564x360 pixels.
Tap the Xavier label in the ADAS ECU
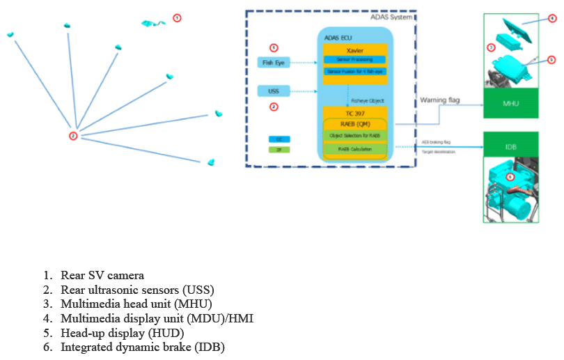click(x=354, y=51)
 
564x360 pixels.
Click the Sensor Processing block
click(x=354, y=59)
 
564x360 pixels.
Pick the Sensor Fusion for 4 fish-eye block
click(x=354, y=71)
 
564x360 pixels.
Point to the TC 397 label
click(x=354, y=112)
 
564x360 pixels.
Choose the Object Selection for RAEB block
click(x=354, y=135)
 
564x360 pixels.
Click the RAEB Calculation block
click(x=354, y=148)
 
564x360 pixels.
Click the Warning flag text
click(x=439, y=100)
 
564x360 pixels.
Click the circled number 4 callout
click(x=552, y=19)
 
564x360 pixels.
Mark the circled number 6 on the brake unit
click(x=510, y=177)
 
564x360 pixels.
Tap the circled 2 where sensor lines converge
click(x=72, y=136)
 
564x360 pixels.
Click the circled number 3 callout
click(x=490, y=47)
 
